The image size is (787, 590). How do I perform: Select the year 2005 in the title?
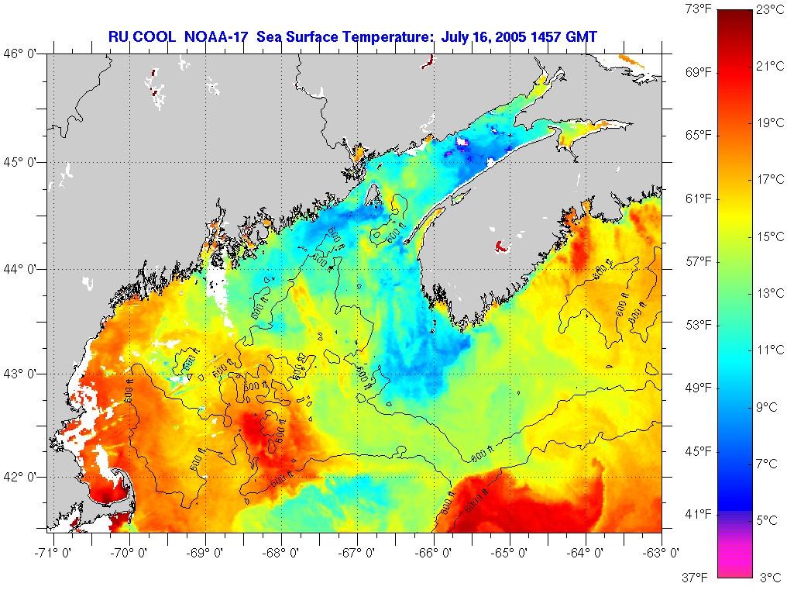click(x=514, y=36)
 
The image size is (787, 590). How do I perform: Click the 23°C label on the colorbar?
click(x=768, y=9)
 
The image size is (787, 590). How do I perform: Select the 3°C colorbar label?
click(x=768, y=578)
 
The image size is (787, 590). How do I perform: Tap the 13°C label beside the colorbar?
click(x=768, y=293)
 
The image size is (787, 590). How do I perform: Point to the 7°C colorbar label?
click(x=768, y=464)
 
